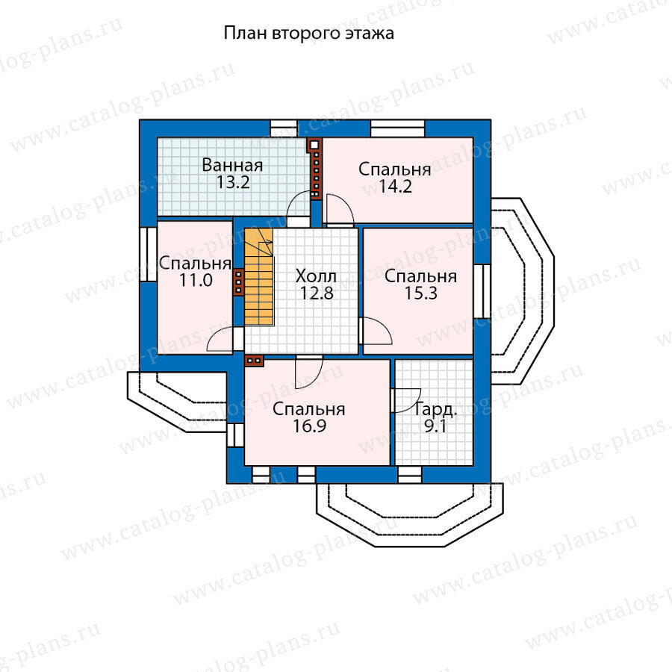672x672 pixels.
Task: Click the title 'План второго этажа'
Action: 308,34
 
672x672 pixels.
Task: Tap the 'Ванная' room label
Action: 232,165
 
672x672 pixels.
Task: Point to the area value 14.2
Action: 394,187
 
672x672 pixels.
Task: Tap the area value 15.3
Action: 420,293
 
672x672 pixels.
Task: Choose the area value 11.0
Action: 195,281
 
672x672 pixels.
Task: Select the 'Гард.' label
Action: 432,409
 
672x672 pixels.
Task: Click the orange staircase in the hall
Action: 258,277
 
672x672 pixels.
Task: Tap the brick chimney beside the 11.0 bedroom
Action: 238,282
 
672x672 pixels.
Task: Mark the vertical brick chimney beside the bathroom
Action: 316,168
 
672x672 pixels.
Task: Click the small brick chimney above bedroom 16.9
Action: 254,361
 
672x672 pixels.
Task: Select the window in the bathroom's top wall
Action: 283,128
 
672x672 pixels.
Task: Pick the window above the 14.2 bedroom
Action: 398,128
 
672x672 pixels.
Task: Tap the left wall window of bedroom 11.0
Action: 146,255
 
